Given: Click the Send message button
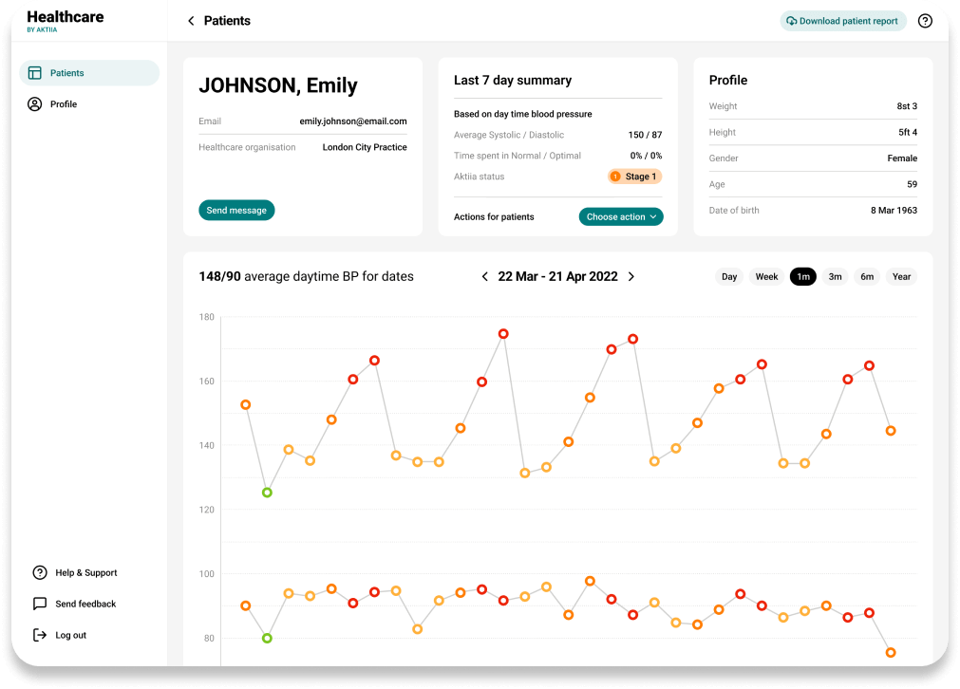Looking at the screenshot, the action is point(236,211).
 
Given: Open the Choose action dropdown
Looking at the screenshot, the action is point(621,216).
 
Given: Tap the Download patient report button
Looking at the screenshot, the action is point(843,21).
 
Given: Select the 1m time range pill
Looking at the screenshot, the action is point(803,276).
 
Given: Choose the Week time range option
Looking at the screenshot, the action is point(766,276).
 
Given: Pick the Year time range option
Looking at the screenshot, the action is point(901,276).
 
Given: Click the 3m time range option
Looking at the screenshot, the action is point(835,276).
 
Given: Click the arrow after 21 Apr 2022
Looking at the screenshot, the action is point(631,276).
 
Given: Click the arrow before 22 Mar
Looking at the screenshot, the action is point(485,276).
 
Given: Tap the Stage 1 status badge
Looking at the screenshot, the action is point(635,177).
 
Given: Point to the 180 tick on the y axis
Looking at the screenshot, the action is point(207,317).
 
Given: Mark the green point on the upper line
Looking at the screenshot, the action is point(267,493).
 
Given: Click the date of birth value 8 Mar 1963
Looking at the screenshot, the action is point(894,211).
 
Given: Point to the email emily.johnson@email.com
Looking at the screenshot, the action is point(353,121).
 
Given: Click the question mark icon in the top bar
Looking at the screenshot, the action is point(925,21).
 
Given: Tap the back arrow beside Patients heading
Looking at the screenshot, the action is point(191,21).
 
